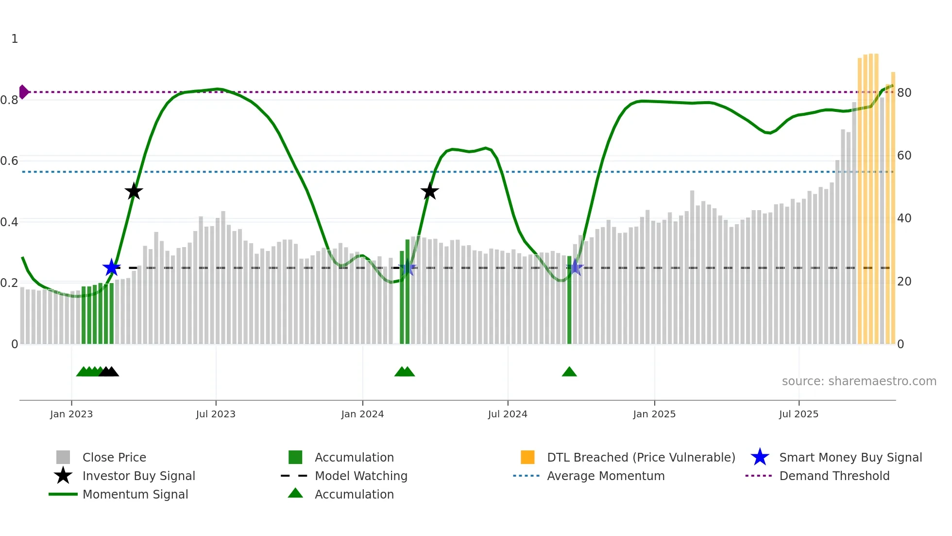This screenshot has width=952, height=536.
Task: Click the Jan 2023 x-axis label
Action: pos(71,414)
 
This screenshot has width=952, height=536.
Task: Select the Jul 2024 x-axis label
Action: pos(508,414)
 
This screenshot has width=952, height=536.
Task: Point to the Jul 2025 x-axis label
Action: pos(799,414)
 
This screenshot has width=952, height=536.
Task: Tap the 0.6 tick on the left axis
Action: pos(10,161)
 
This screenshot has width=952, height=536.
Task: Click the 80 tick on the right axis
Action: pos(904,92)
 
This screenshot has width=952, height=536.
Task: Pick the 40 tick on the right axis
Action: pos(904,218)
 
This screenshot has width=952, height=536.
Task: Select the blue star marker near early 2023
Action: pos(111,268)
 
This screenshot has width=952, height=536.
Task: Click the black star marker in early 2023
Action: pos(134,191)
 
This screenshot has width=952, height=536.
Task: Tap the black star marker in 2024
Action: pos(429,191)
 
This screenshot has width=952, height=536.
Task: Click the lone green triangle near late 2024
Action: pos(569,372)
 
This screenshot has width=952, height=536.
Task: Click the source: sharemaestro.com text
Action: pos(859,381)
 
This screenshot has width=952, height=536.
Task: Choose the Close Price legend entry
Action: pos(114,457)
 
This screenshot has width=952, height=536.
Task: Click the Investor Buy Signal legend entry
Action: pos(138,476)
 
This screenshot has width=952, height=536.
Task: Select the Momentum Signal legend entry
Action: pos(135,494)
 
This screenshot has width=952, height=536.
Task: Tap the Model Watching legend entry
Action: pos(361,476)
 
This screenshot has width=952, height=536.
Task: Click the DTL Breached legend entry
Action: pos(641,457)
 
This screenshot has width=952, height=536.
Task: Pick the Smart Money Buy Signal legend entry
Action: pos(850,457)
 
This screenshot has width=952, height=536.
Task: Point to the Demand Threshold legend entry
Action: pos(834,476)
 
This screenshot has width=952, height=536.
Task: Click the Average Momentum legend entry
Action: pos(606,476)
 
